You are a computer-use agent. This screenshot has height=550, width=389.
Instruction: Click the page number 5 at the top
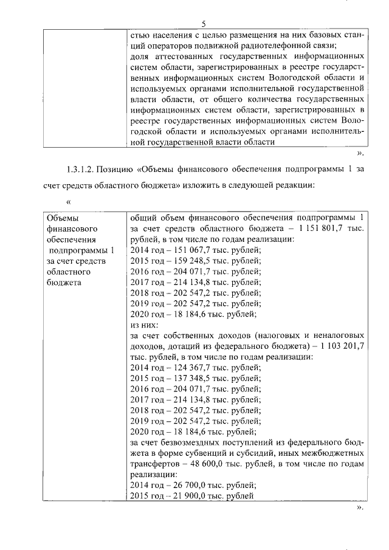pyautogui.click(x=204, y=23)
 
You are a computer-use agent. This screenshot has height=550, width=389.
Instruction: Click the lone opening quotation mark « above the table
pyautogui.click(x=68, y=201)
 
